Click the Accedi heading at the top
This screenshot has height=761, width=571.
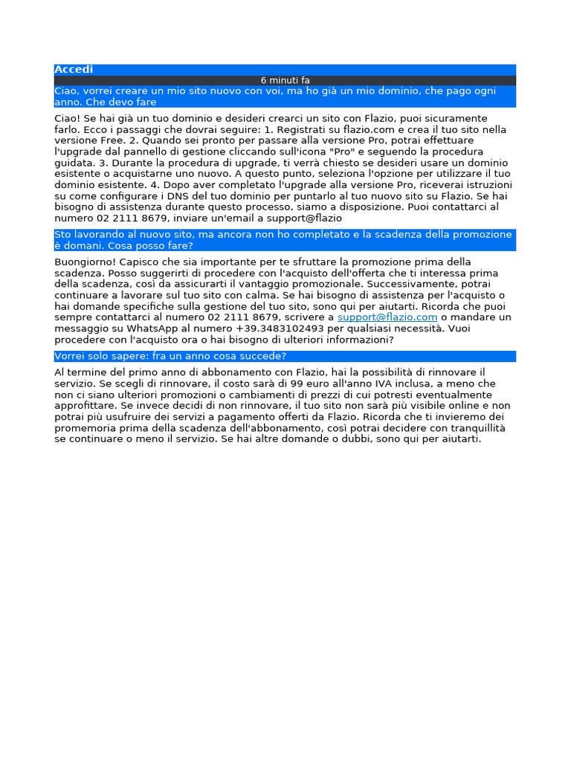pyautogui.click(x=74, y=69)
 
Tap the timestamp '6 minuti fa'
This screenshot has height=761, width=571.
pyautogui.click(x=285, y=80)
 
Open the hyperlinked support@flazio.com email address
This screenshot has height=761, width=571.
pyautogui.click(x=387, y=317)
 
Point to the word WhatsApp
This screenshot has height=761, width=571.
pyautogui.click(x=164, y=328)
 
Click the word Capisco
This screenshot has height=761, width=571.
pyautogui.click(x=141, y=262)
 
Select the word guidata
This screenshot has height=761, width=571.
pyautogui.click(x=73, y=163)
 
